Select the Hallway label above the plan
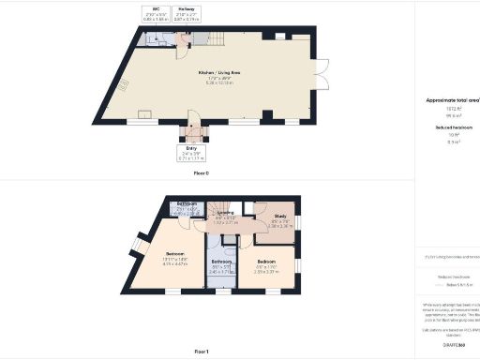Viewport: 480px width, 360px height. tap(187, 9)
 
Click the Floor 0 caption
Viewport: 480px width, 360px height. tap(201, 172)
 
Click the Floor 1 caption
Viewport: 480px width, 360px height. tap(201, 350)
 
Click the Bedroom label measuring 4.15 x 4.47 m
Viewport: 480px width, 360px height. tap(175, 253)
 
